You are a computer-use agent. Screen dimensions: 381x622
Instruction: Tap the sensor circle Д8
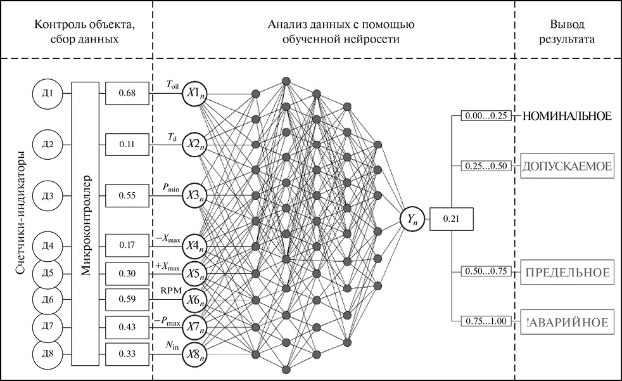coord(46,353)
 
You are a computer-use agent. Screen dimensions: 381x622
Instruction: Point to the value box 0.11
coord(127,145)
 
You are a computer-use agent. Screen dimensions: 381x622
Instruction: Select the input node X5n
coord(195,273)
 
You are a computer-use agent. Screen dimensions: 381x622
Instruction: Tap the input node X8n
coord(195,354)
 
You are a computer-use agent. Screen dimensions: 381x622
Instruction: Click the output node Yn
coord(412,219)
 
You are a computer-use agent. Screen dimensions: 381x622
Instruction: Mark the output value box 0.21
coord(450,219)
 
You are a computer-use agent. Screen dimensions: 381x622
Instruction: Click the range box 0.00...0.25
coord(485,117)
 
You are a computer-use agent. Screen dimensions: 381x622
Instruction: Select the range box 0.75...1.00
coord(485,321)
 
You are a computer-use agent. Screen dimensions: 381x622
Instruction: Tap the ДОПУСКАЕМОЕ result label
coord(566,166)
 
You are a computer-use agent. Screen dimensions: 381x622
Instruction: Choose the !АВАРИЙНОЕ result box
coord(566,322)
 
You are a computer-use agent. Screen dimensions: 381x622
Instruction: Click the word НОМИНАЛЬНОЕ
coord(566,117)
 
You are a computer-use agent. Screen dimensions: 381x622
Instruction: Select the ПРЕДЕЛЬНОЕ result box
coord(566,273)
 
